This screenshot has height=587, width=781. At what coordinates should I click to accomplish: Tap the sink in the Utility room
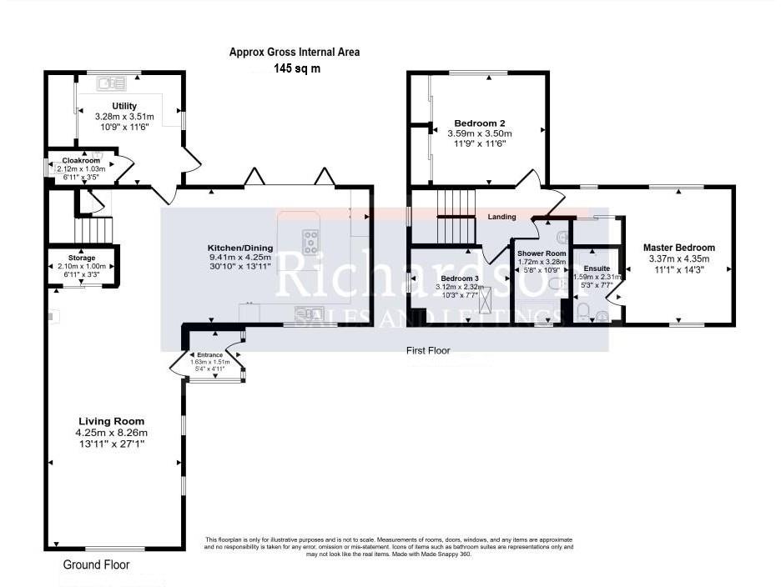click(x=111, y=83)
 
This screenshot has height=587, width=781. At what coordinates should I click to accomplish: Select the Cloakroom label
click(x=81, y=160)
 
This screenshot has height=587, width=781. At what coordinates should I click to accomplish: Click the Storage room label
click(x=81, y=258)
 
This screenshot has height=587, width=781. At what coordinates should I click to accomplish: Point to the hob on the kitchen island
click(x=310, y=242)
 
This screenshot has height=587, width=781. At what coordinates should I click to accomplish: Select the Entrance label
click(x=209, y=355)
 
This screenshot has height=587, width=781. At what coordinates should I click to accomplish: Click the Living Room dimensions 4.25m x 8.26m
click(x=111, y=433)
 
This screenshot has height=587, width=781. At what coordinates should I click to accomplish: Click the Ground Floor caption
click(x=96, y=564)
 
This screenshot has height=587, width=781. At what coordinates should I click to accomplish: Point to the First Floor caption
click(x=428, y=351)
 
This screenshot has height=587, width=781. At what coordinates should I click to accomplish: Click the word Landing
click(x=502, y=217)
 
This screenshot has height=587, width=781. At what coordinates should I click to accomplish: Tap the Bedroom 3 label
click(x=460, y=278)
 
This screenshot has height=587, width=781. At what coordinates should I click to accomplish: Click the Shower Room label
click(x=541, y=253)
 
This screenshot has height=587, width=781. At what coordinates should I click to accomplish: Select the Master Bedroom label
click(x=678, y=248)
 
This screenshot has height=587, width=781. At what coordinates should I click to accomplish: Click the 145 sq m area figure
click(x=296, y=68)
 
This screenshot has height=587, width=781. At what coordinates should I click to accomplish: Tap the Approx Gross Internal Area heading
click(x=295, y=52)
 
